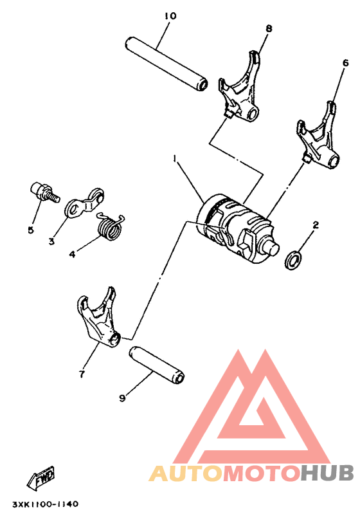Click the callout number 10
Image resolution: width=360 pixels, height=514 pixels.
tap(169, 15)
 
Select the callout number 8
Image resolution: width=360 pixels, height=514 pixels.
tap(269, 28)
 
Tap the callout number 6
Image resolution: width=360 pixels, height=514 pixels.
tap(345, 63)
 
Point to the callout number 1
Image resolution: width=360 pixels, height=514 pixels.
tap(174, 158)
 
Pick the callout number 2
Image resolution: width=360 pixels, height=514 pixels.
tap(316, 225)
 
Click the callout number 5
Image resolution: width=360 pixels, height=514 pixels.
tap(31, 230)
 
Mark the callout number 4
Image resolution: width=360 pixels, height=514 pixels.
tap(73, 255)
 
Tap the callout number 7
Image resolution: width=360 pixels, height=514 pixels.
tap(82, 374)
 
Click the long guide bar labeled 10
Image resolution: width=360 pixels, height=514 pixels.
tap(166, 64)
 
